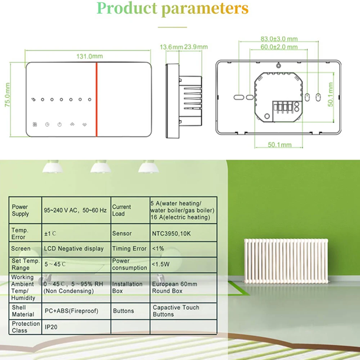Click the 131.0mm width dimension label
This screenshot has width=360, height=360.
89,56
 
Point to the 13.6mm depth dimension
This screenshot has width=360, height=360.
171,47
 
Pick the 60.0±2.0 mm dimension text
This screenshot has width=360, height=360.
279,47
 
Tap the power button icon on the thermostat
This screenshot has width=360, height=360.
59,125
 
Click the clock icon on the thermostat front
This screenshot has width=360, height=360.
47,125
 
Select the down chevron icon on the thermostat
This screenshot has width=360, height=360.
84,125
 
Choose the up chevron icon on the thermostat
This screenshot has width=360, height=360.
72,125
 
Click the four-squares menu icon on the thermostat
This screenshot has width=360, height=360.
35,125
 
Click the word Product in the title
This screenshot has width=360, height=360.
127,8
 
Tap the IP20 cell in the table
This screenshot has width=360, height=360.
51,327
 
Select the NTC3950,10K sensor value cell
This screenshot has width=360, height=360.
171,234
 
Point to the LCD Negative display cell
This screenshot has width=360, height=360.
74,249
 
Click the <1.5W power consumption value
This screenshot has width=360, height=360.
161,264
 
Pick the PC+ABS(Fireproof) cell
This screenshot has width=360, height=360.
71,311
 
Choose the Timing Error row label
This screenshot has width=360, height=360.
129,249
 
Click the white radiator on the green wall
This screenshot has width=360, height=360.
286,260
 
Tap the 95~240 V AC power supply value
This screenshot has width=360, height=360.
75,210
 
